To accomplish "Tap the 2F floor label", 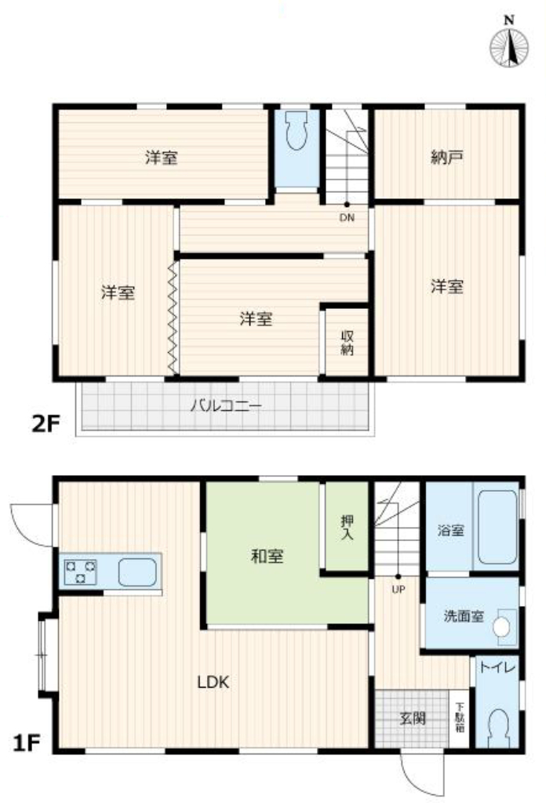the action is pyautogui.click(x=46, y=423).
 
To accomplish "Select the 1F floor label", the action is pyautogui.click(x=27, y=743).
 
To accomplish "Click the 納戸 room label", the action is pyautogui.click(x=447, y=157).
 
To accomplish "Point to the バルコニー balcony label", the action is pyautogui.click(x=226, y=406).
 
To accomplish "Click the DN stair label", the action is pyautogui.click(x=347, y=217).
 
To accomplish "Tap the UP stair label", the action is pyautogui.click(x=398, y=590).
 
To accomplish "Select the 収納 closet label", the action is pyautogui.click(x=348, y=343).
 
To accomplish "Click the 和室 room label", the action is pyautogui.click(x=267, y=556).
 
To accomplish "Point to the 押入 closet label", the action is pyautogui.click(x=348, y=528).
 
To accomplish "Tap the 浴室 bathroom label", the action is pyautogui.click(x=451, y=531).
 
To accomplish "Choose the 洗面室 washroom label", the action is pyautogui.click(x=464, y=616).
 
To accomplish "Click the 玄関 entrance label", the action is pyautogui.click(x=413, y=718).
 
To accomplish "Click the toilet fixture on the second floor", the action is pyautogui.click(x=296, y=131).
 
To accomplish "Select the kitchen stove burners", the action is pyautogui.click(x=81, y=572).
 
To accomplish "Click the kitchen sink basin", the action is pyautogui.click(x=137, y=572).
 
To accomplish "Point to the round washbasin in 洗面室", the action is pyautogui.click(x=502, y=626).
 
